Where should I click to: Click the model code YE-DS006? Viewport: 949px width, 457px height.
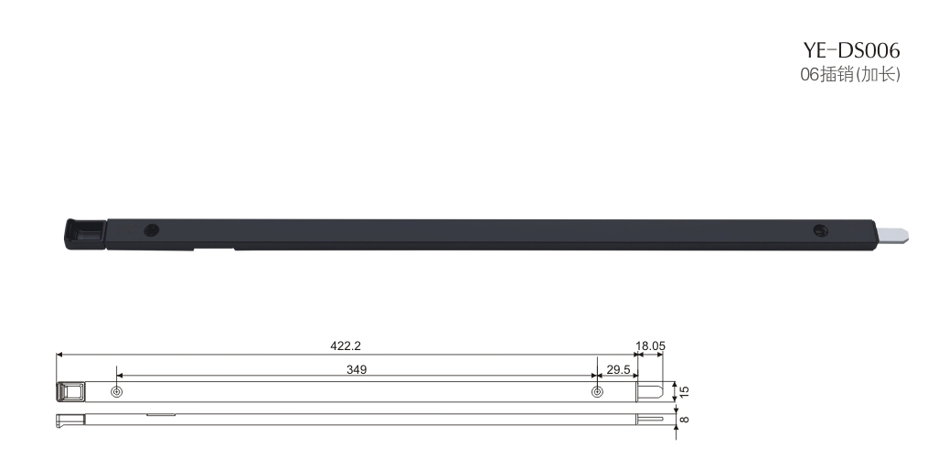851,49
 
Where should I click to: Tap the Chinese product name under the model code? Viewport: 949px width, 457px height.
850,74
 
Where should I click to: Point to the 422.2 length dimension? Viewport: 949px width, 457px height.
346,345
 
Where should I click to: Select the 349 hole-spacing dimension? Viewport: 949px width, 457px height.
357,369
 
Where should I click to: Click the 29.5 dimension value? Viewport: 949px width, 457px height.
618,369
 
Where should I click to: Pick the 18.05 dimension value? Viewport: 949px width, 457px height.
650,345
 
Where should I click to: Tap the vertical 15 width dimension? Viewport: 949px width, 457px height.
685,391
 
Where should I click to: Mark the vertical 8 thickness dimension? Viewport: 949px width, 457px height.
685,419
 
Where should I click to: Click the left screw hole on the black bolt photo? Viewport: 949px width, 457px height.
151,230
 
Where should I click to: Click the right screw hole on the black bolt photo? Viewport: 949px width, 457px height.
821,230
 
